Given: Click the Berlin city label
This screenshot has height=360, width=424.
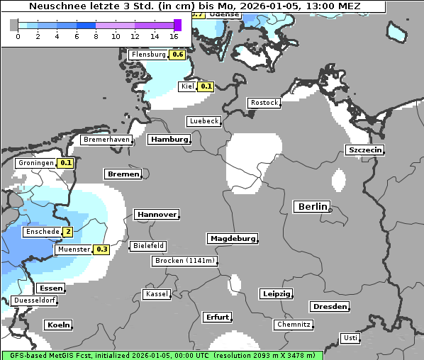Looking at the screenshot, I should coord(311,207).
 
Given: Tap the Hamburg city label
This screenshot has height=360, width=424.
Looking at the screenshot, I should coord(169,140).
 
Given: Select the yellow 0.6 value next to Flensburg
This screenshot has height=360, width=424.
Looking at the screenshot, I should coord(178,55).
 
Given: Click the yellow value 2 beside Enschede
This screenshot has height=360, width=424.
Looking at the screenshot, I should coord(67,232).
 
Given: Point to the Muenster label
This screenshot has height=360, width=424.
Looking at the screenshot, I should coord(74,249).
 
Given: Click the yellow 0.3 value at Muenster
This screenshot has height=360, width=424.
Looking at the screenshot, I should coord(101,249).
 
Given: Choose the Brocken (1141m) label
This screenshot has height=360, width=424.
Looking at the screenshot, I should coord(184,261).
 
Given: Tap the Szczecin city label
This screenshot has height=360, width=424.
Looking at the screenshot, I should coord(364,150).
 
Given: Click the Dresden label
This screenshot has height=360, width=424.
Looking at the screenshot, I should coord(329,307).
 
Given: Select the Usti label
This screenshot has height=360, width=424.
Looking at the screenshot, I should coord(350,338).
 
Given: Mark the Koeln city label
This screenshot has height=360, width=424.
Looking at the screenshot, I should coord(58,325).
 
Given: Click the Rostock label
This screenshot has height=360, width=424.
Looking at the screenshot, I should coord(264,103).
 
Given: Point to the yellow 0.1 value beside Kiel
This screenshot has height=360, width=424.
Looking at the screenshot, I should coord(206,86).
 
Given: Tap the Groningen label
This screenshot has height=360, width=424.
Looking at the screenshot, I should coord(36,163).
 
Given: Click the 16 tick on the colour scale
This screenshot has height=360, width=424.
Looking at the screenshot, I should coord(174,35).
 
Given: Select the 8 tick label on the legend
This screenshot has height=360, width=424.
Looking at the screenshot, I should coord(96,35).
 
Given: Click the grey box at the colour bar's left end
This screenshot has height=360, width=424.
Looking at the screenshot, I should coord(13,25).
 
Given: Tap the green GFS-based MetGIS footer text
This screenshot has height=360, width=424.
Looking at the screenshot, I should coord(162,355).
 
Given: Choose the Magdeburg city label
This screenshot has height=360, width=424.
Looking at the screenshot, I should coord(232,239).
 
